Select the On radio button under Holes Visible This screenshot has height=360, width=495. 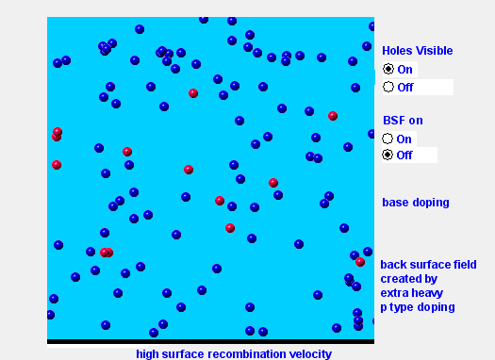tap(388, 69)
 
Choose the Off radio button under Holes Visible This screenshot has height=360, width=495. tap(388, 87)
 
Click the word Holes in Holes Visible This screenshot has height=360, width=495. tap(398, 51)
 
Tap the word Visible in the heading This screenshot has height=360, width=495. tap(435, 51)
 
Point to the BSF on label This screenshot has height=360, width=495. tap(403, 121)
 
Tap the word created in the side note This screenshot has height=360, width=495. tap(401, 279)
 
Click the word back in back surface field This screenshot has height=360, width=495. tap(393, 265)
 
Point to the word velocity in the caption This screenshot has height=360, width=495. tap(308, 353)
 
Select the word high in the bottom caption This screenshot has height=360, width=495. tap(147, 353)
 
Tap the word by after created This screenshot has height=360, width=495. tap(430, 279)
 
